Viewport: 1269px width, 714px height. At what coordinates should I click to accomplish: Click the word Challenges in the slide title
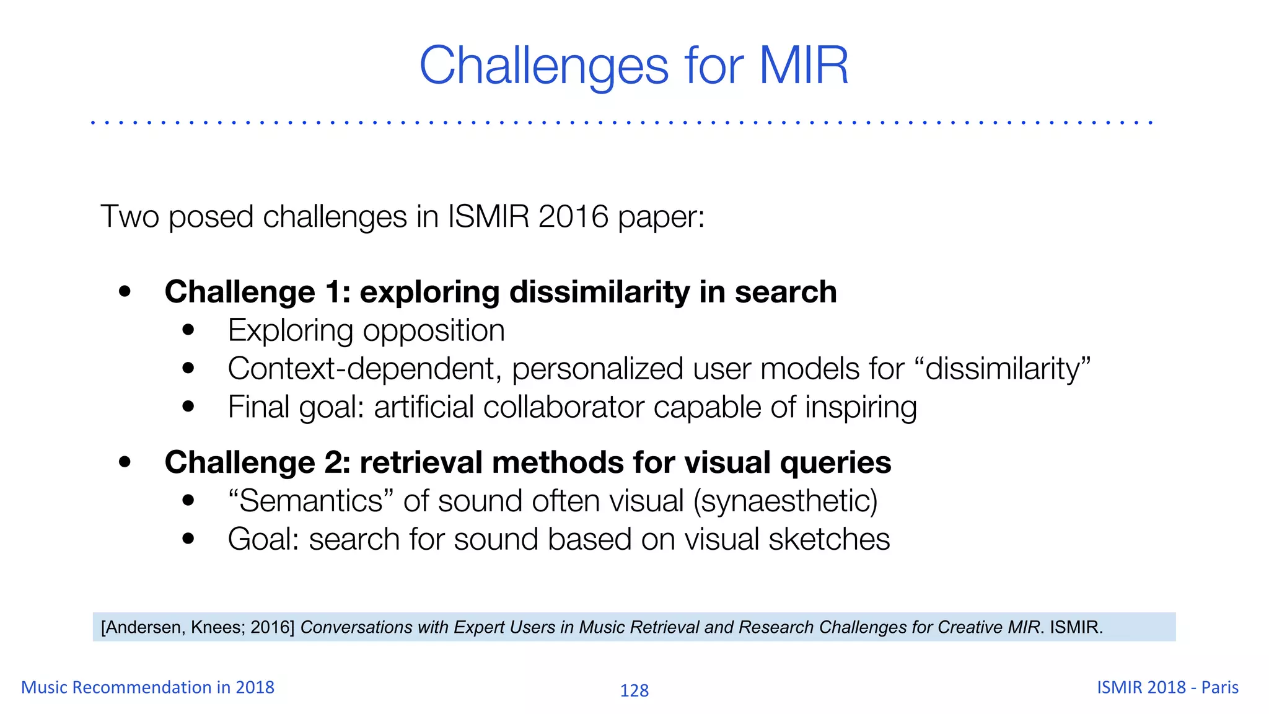pyautogui.click(x=544, y=66)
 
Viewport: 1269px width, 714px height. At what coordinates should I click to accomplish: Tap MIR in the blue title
pyautogui.click(x=804, y=66)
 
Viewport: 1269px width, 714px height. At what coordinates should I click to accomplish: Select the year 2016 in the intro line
pyautogui.click(x=573, y=217)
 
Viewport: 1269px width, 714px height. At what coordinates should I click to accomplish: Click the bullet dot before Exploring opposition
pyautogui.click(x=188, y=330)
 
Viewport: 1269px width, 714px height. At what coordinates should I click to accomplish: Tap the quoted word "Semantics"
pyautogui.click(x=311, y=501)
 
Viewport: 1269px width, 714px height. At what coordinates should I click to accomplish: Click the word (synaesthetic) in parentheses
pyautogui.click(x=785, y=501)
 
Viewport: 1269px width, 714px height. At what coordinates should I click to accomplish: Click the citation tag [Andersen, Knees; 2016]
pyautogui.click(x=198, y=627)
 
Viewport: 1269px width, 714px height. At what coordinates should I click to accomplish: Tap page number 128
pyautogui.click(x=634, y=690)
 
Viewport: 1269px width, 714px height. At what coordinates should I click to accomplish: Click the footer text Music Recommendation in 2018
pyautogui.click(x=147, y=687)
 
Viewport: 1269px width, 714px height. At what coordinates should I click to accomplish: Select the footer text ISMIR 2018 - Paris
pyautogui.click(x=1167, y=687)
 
